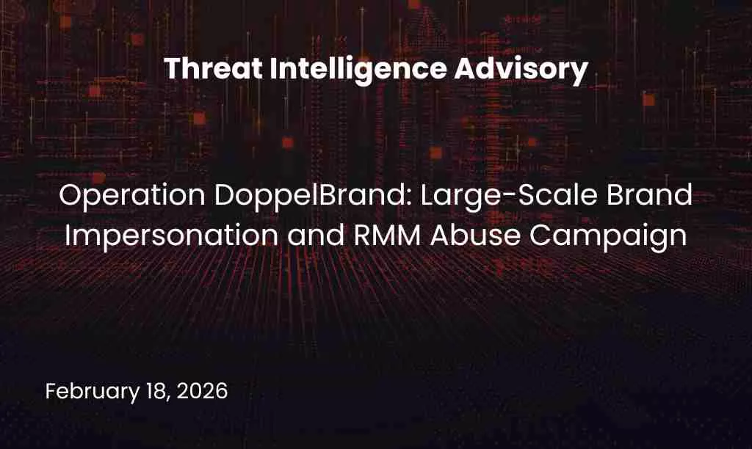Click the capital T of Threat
[171, 70]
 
